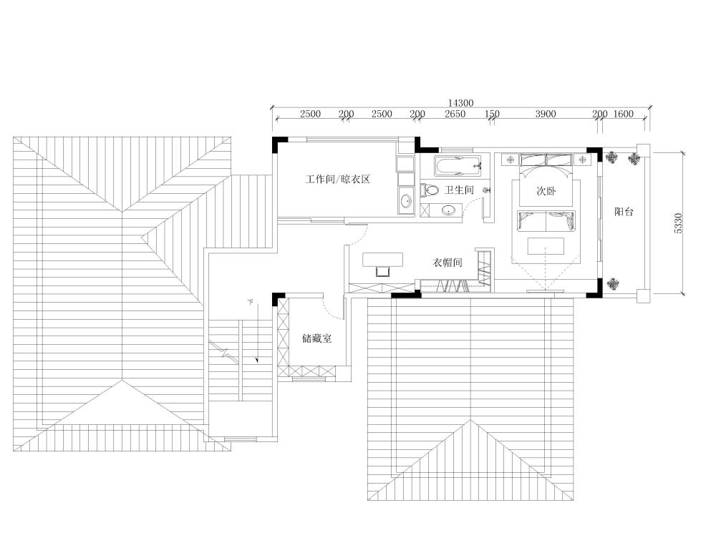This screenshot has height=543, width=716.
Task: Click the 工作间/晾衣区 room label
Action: (337, 180)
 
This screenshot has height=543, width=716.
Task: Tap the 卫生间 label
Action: (459, 190)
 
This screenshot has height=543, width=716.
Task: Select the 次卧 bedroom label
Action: (546, 191)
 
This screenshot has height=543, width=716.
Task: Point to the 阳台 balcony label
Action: (624, 212)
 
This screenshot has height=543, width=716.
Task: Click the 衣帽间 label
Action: (447, 263)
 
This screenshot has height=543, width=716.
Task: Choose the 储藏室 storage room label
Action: (317, 338)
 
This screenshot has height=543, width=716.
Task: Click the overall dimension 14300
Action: (460, 103)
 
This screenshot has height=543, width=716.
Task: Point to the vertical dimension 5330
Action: (678, 224)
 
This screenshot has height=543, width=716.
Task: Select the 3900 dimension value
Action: (546, 114)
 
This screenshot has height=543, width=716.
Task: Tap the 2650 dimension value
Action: (455, 114)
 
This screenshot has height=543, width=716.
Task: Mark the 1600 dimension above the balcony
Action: (624, 114)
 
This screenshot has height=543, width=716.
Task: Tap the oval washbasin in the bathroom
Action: (448, 210)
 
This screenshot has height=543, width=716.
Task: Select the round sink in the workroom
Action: (405, 200)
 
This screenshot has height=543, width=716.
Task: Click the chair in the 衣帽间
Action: (382, 271)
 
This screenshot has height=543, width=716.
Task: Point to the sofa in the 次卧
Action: (546, 221)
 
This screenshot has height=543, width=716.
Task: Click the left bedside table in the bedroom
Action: (510, 160)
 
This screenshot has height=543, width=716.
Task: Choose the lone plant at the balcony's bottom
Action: (613, 284)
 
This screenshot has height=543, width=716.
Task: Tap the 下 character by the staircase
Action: (250, 302)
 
